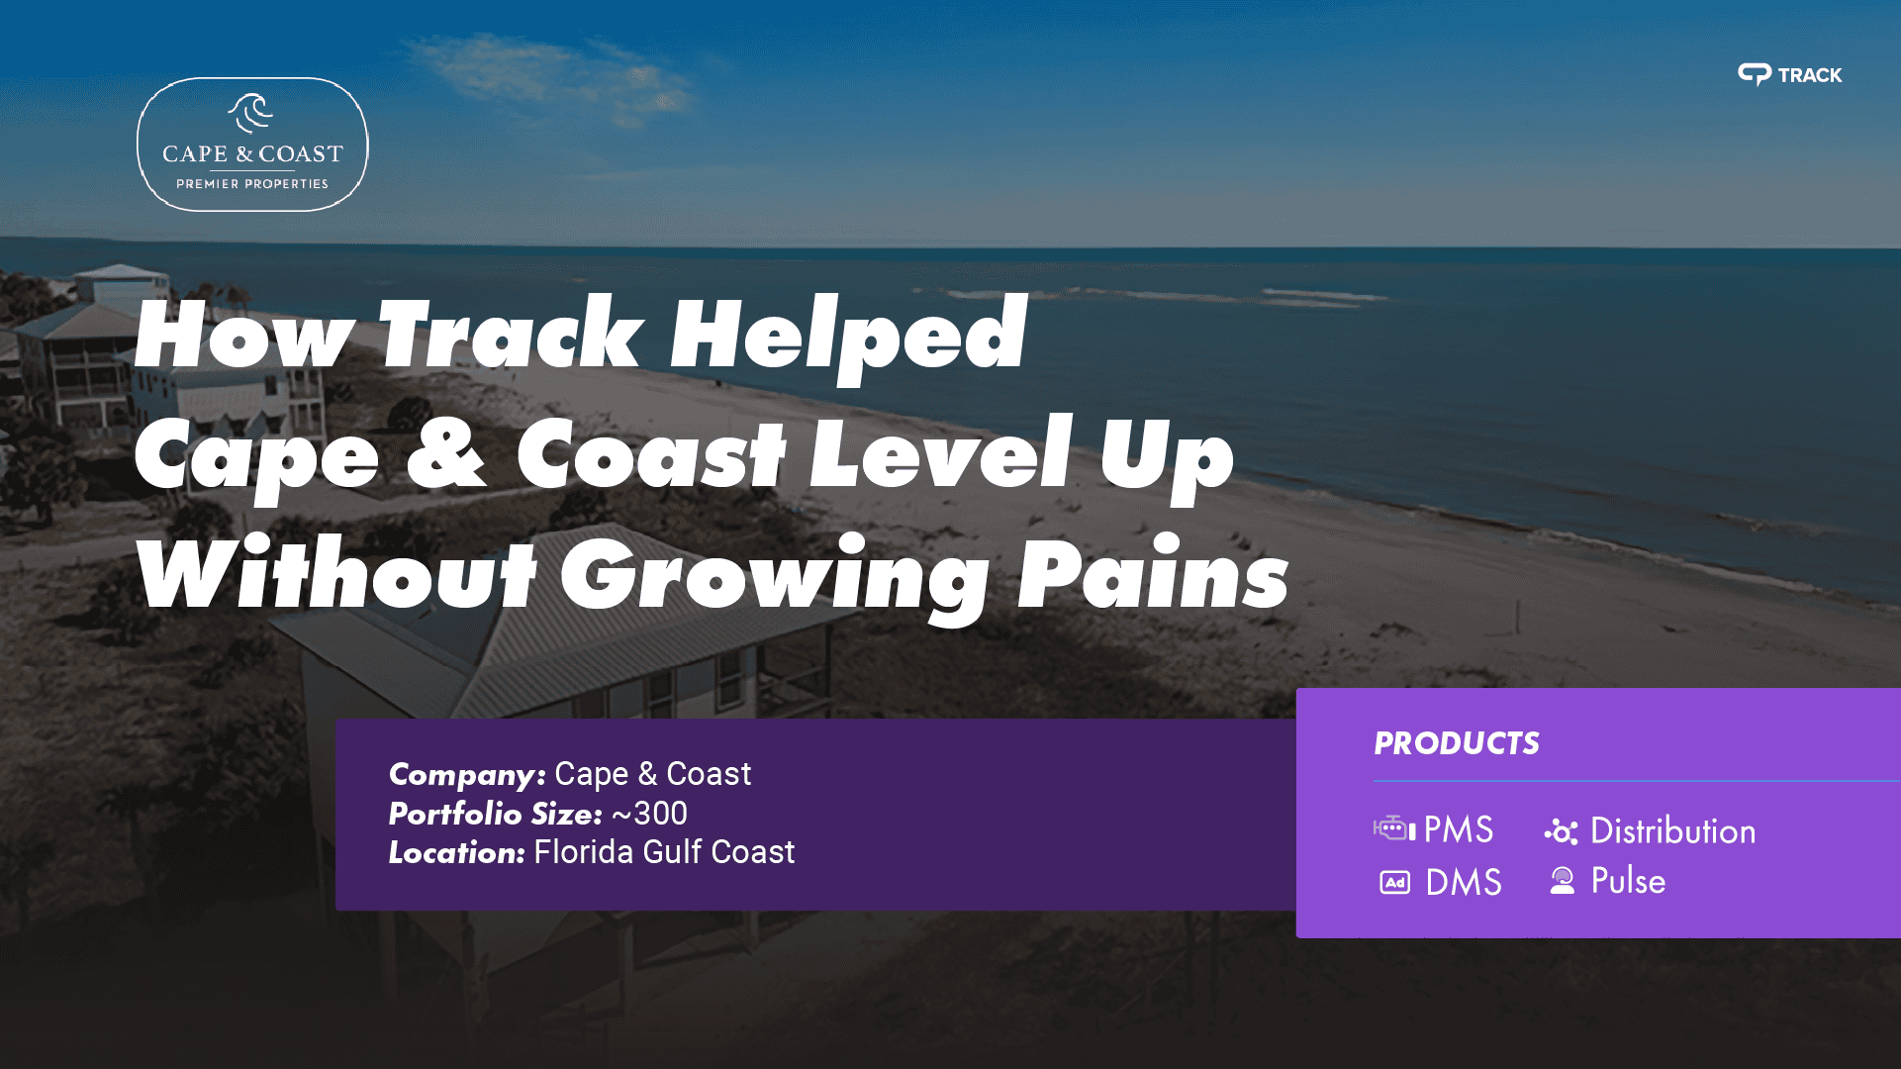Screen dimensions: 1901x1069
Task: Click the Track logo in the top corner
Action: tap(1789, 74)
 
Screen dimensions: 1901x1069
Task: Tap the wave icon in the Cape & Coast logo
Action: tap(250, 113)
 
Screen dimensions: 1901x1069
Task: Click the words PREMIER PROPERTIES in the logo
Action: tap(252, 184)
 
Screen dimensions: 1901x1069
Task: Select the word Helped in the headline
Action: tap(848, 338)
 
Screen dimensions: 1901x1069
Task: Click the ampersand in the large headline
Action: tap(446, 452)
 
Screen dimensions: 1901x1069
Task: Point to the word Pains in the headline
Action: tap(1153, 575)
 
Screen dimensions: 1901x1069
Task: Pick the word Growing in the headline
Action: tap(774, 580)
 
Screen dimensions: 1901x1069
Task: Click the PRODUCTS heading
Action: tap(1457, 743)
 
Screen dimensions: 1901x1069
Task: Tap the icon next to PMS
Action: tap(1393, 828)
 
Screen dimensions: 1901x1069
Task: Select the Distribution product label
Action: tap(1672, 830)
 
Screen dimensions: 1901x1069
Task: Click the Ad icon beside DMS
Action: tap(1394, 882)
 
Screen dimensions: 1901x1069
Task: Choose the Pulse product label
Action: tap(1628, 881)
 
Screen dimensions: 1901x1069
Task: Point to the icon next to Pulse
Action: tap(1563, 881)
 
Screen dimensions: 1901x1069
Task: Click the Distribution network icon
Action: tap(1561, 831)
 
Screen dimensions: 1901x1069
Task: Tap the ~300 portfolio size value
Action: tap(649, 814)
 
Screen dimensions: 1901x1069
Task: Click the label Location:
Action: tap(456, 852)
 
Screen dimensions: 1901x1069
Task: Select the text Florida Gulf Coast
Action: tap(664, 852)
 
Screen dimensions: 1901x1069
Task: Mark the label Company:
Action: tap(467, 775)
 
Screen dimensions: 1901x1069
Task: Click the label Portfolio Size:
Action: tap(495, 814)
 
